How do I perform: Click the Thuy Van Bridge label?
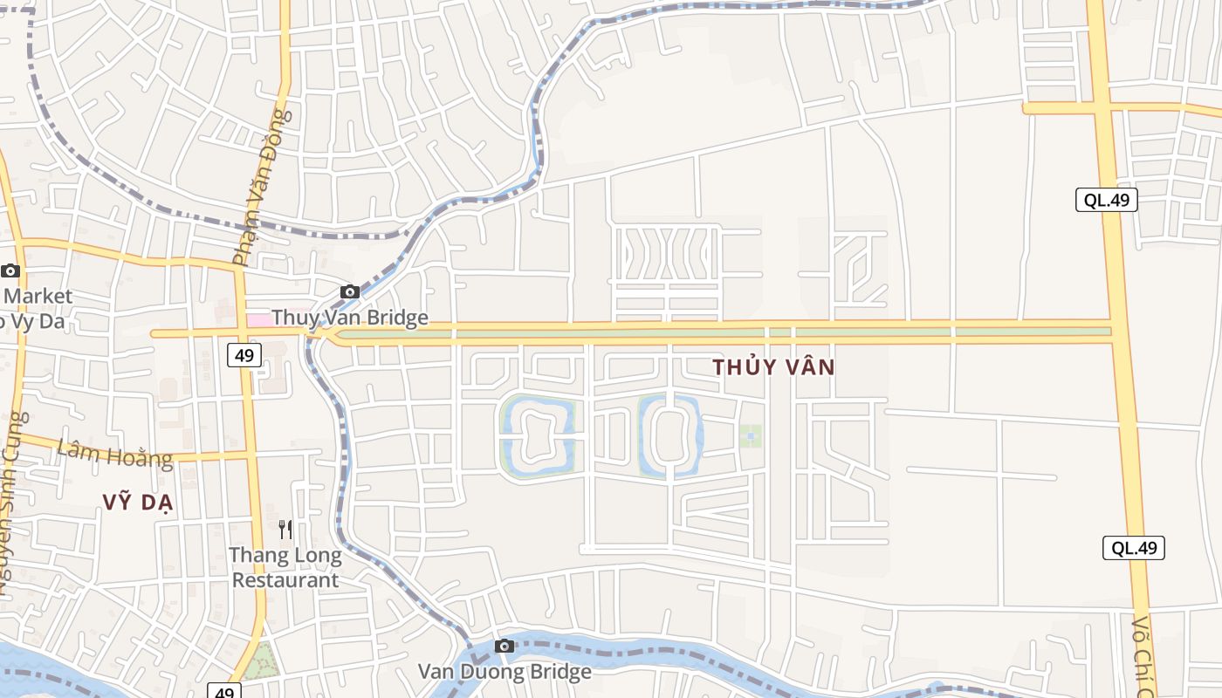(350, 318)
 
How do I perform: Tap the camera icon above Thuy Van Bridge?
(350, 291)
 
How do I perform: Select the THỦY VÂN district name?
(773, 367)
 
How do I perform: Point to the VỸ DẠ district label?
(139, 503)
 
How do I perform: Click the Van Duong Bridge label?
(505, 672)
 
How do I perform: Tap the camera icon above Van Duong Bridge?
(505, 647)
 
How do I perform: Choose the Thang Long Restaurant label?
(285, 567)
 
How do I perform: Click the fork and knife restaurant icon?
(285, 529)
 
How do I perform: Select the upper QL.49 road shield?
(1107, 200)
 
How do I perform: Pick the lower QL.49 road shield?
(1134, 548)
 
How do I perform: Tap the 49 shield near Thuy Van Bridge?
(244, 355)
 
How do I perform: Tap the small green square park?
(751, 436)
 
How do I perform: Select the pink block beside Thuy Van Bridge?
(258, 320)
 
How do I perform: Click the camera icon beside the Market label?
(10, 271)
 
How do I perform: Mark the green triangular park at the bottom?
(259, 663)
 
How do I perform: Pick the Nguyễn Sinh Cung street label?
(10, 506)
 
